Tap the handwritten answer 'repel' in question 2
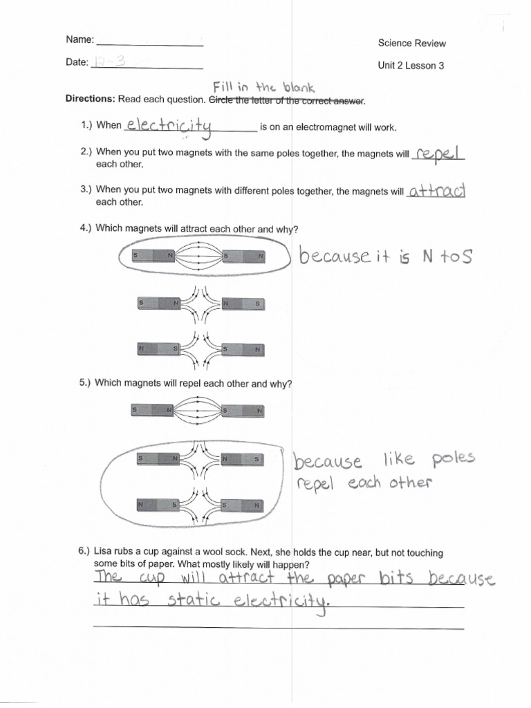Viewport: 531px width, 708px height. point(438,153)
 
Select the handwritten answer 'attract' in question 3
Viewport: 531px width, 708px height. point(437,191)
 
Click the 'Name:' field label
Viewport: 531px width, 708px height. point(80,41)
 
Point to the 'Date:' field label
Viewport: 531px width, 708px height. point(77,62)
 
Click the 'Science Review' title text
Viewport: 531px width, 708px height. point(411,43)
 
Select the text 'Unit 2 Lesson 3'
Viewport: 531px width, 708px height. point(411,66)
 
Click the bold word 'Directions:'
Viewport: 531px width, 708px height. point(91,100)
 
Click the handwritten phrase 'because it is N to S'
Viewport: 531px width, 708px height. point(386,258)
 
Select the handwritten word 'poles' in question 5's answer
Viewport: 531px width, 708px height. point(454,459)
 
